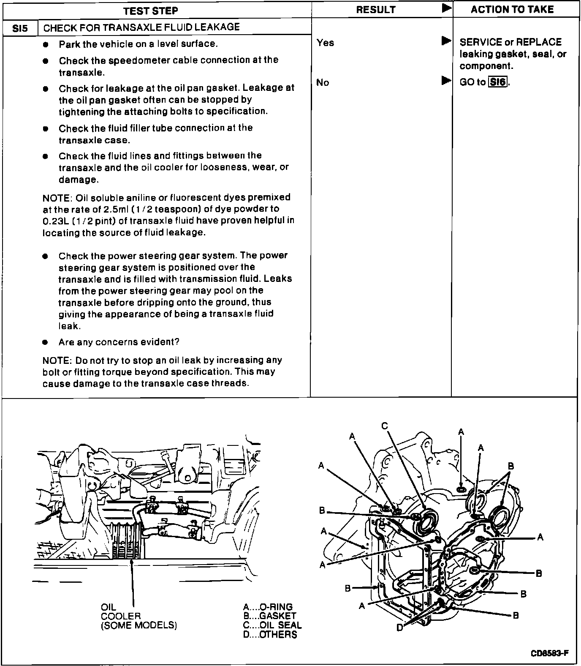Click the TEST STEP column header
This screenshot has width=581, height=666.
151,11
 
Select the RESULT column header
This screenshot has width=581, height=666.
375,10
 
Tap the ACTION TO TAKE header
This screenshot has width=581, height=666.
512,10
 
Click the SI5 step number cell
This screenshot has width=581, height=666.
20,28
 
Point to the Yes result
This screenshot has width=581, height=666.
325,43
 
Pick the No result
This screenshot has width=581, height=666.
323,83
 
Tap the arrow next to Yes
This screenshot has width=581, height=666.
445,41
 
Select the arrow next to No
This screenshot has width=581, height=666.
445,80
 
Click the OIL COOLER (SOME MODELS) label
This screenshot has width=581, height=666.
138,616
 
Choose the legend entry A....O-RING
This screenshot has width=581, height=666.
268,607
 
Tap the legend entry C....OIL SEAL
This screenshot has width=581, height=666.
272,625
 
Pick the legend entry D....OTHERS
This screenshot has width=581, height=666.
270,635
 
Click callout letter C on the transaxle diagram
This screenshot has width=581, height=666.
384,426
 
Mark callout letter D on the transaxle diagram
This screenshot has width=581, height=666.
399,628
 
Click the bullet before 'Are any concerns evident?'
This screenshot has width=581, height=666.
46,342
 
